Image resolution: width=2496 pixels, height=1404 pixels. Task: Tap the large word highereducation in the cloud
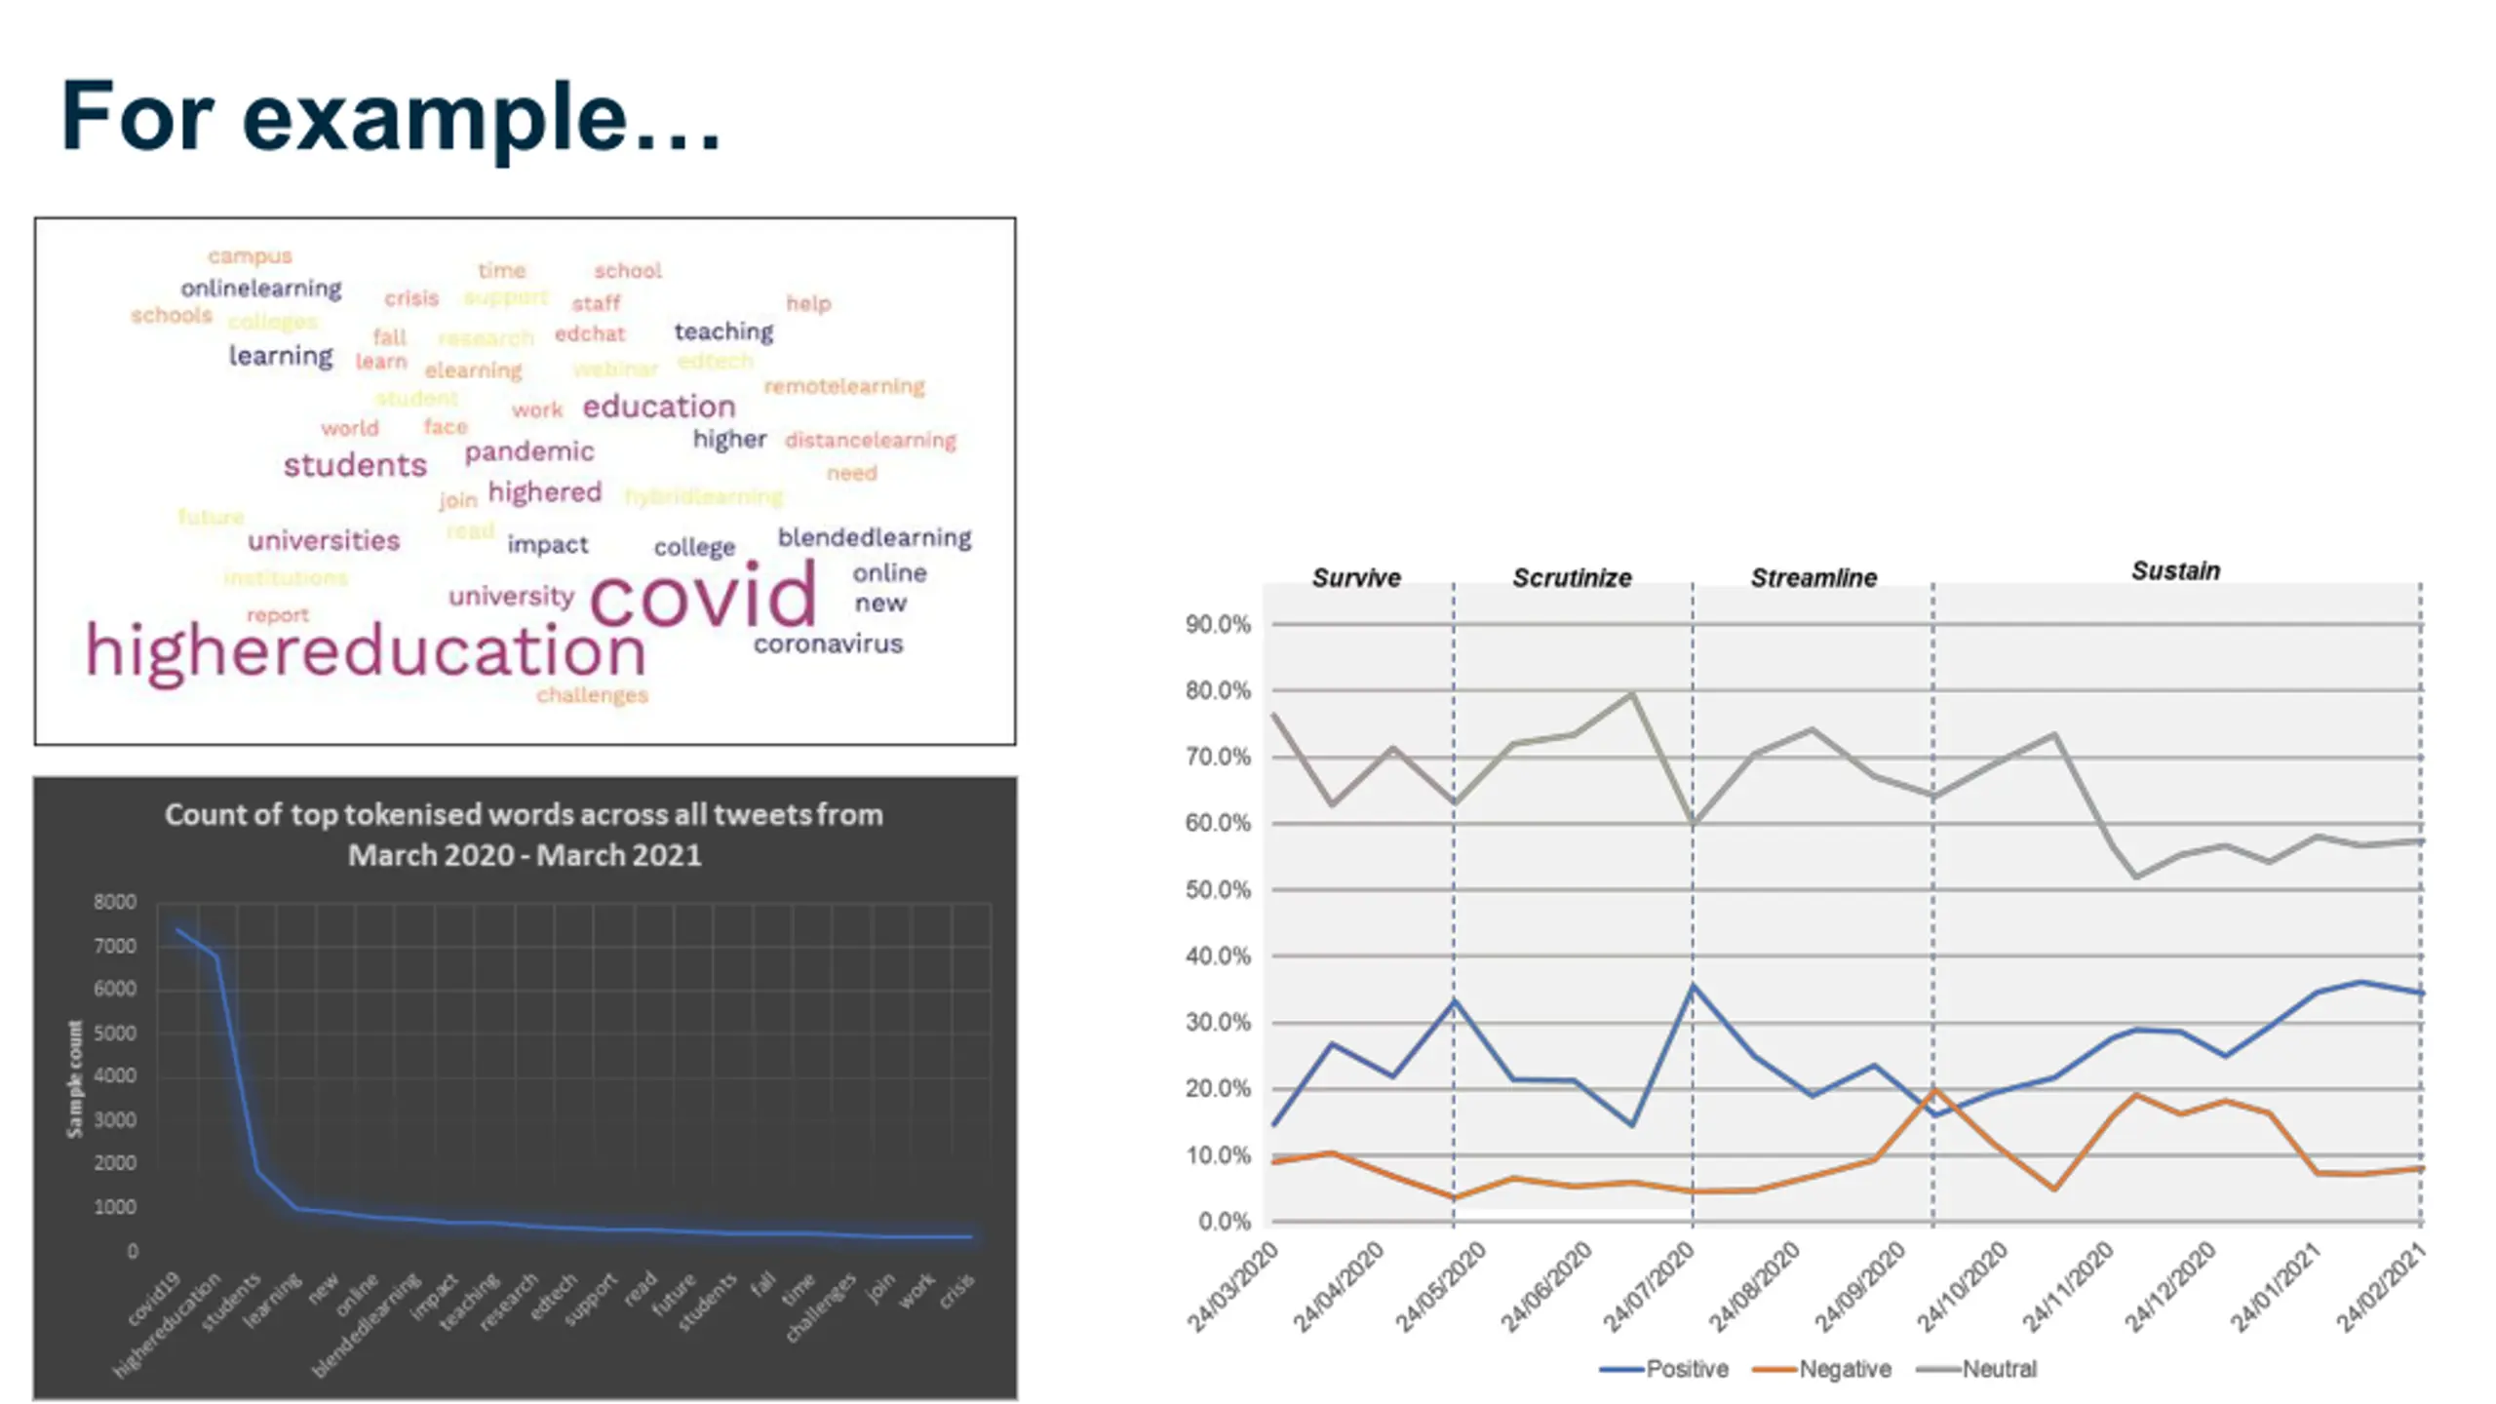point(366,650)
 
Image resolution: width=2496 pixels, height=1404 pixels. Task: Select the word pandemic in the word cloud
point(528,451)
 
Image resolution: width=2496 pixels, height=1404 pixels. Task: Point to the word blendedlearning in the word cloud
point(874,537)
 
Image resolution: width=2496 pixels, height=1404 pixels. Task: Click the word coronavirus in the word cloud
point(828,643)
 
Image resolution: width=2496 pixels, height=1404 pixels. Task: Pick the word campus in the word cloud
point(250,256)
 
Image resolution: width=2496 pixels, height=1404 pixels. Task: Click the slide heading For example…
point(390,116)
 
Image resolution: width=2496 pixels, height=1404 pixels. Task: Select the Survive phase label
point(1355,577)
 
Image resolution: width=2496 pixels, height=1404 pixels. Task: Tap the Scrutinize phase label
point(1572,577)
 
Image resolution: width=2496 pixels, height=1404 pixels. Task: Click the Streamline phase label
point(1813,577)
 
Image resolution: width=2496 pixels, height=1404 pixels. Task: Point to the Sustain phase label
point(2175,570)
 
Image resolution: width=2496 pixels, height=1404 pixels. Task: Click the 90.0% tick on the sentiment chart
point(1217,624)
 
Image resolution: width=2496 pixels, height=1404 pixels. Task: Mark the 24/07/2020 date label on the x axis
point(1650,1289)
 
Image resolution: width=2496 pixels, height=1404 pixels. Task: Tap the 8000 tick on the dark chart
point(115,902)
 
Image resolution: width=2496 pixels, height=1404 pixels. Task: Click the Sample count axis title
point(75,1078)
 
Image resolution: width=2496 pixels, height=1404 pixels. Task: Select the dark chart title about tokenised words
point(525,835)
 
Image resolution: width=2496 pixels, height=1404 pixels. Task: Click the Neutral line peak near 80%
point(1632,694)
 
